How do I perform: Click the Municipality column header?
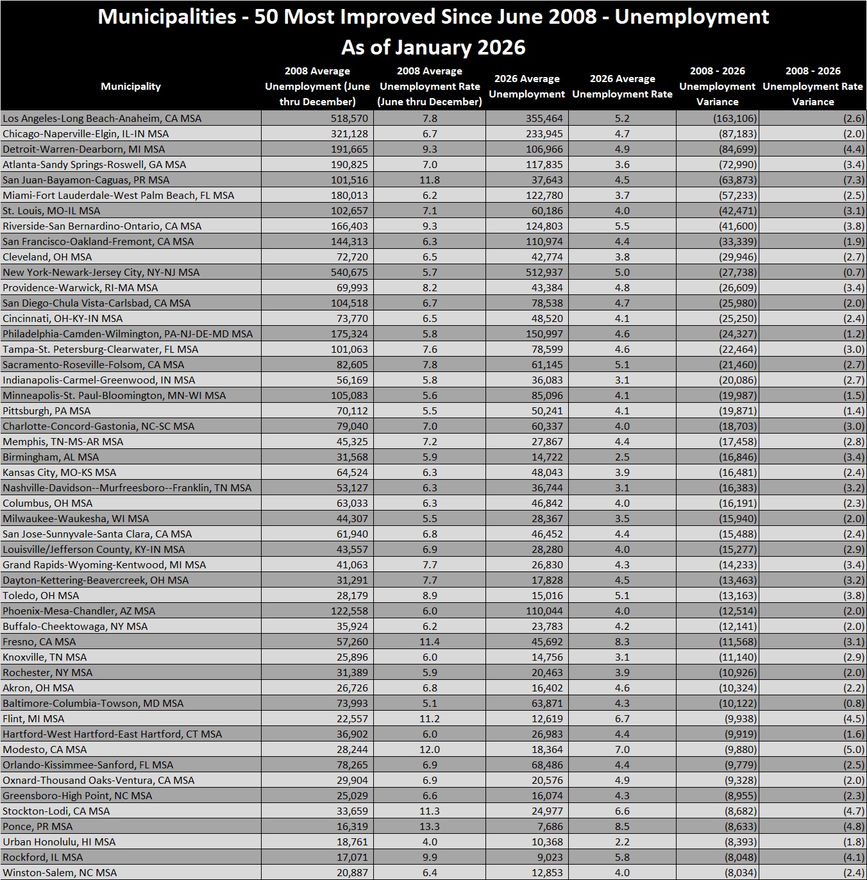coord(131,87)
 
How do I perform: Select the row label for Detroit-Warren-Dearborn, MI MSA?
coord(83,149)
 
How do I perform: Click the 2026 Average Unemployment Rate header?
coord(622,87)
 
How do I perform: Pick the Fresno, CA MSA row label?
coord(39,641)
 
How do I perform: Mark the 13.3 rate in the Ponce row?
coord(430,826)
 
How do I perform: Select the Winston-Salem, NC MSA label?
coord(60,872)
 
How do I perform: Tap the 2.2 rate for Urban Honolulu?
coord(622,842)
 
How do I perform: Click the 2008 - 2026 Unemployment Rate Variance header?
coord(812,87)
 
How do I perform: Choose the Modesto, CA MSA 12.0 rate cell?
coord(430,749)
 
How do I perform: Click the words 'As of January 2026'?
coord(433,47)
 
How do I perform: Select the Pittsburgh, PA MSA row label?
coord(47,410)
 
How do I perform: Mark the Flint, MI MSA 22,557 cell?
coord(352,718)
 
